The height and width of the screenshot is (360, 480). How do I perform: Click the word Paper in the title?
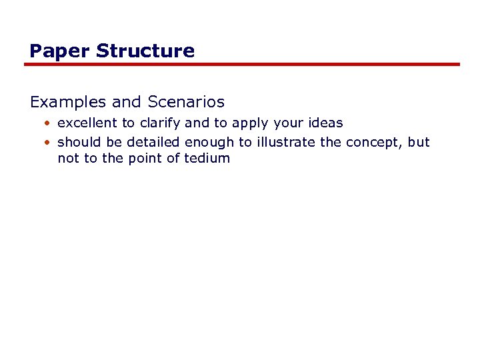[52, 51]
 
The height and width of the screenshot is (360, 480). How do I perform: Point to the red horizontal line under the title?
[242, 65]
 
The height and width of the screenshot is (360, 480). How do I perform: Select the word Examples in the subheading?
[69, 103]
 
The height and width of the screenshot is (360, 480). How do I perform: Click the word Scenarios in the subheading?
[186, 103]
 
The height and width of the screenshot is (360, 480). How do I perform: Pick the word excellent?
[87, 123]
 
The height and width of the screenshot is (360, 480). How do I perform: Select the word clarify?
[159, 123]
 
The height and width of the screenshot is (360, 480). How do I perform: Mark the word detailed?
[153, 142]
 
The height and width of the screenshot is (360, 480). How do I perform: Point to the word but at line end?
[420, 142]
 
